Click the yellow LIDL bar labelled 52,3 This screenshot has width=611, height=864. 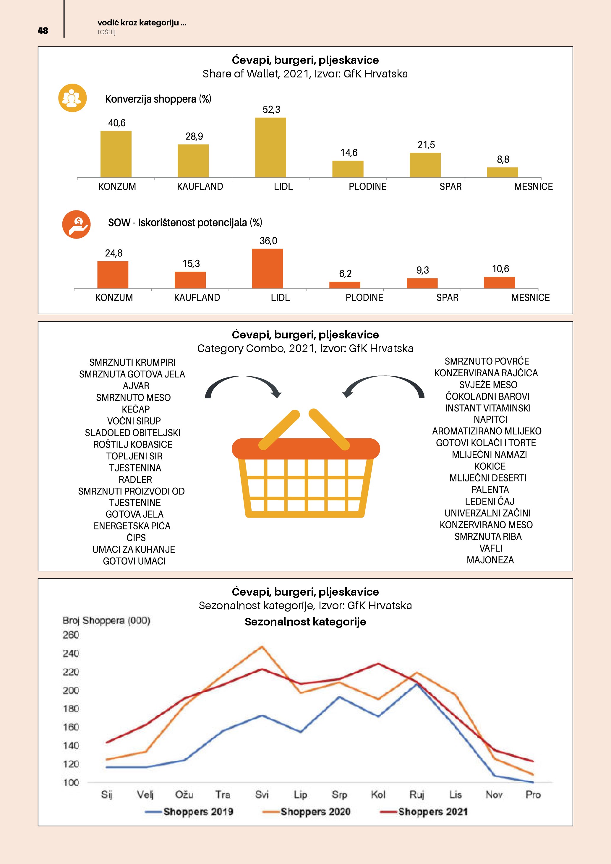[x=270, y=147]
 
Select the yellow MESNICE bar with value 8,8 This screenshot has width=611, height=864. [x=502, y=172]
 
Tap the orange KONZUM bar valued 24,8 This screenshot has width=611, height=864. [x=113, y=275]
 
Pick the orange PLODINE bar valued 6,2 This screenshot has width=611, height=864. [x=345, y=285]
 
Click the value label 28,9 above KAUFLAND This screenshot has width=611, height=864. [x=194, y=136]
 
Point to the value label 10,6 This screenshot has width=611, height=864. [x=500, y=269]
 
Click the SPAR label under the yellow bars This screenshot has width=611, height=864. [x=450, y=187]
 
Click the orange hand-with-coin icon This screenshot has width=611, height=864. [x=76, y=224]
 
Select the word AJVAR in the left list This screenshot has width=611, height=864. [x=136, y=386]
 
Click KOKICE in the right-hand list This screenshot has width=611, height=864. [x=490, y=466]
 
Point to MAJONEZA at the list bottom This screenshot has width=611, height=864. [x=490, y=560]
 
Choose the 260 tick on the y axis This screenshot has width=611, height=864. [x=71, y=635]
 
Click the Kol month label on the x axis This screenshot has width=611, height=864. [x=378, y=794]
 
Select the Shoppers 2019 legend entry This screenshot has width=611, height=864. [x=189, y=812]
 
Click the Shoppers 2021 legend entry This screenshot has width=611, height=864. [x=424, y=812]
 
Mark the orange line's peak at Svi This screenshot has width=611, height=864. [x=262, y=646]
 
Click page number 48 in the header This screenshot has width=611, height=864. [x=43, y=30]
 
